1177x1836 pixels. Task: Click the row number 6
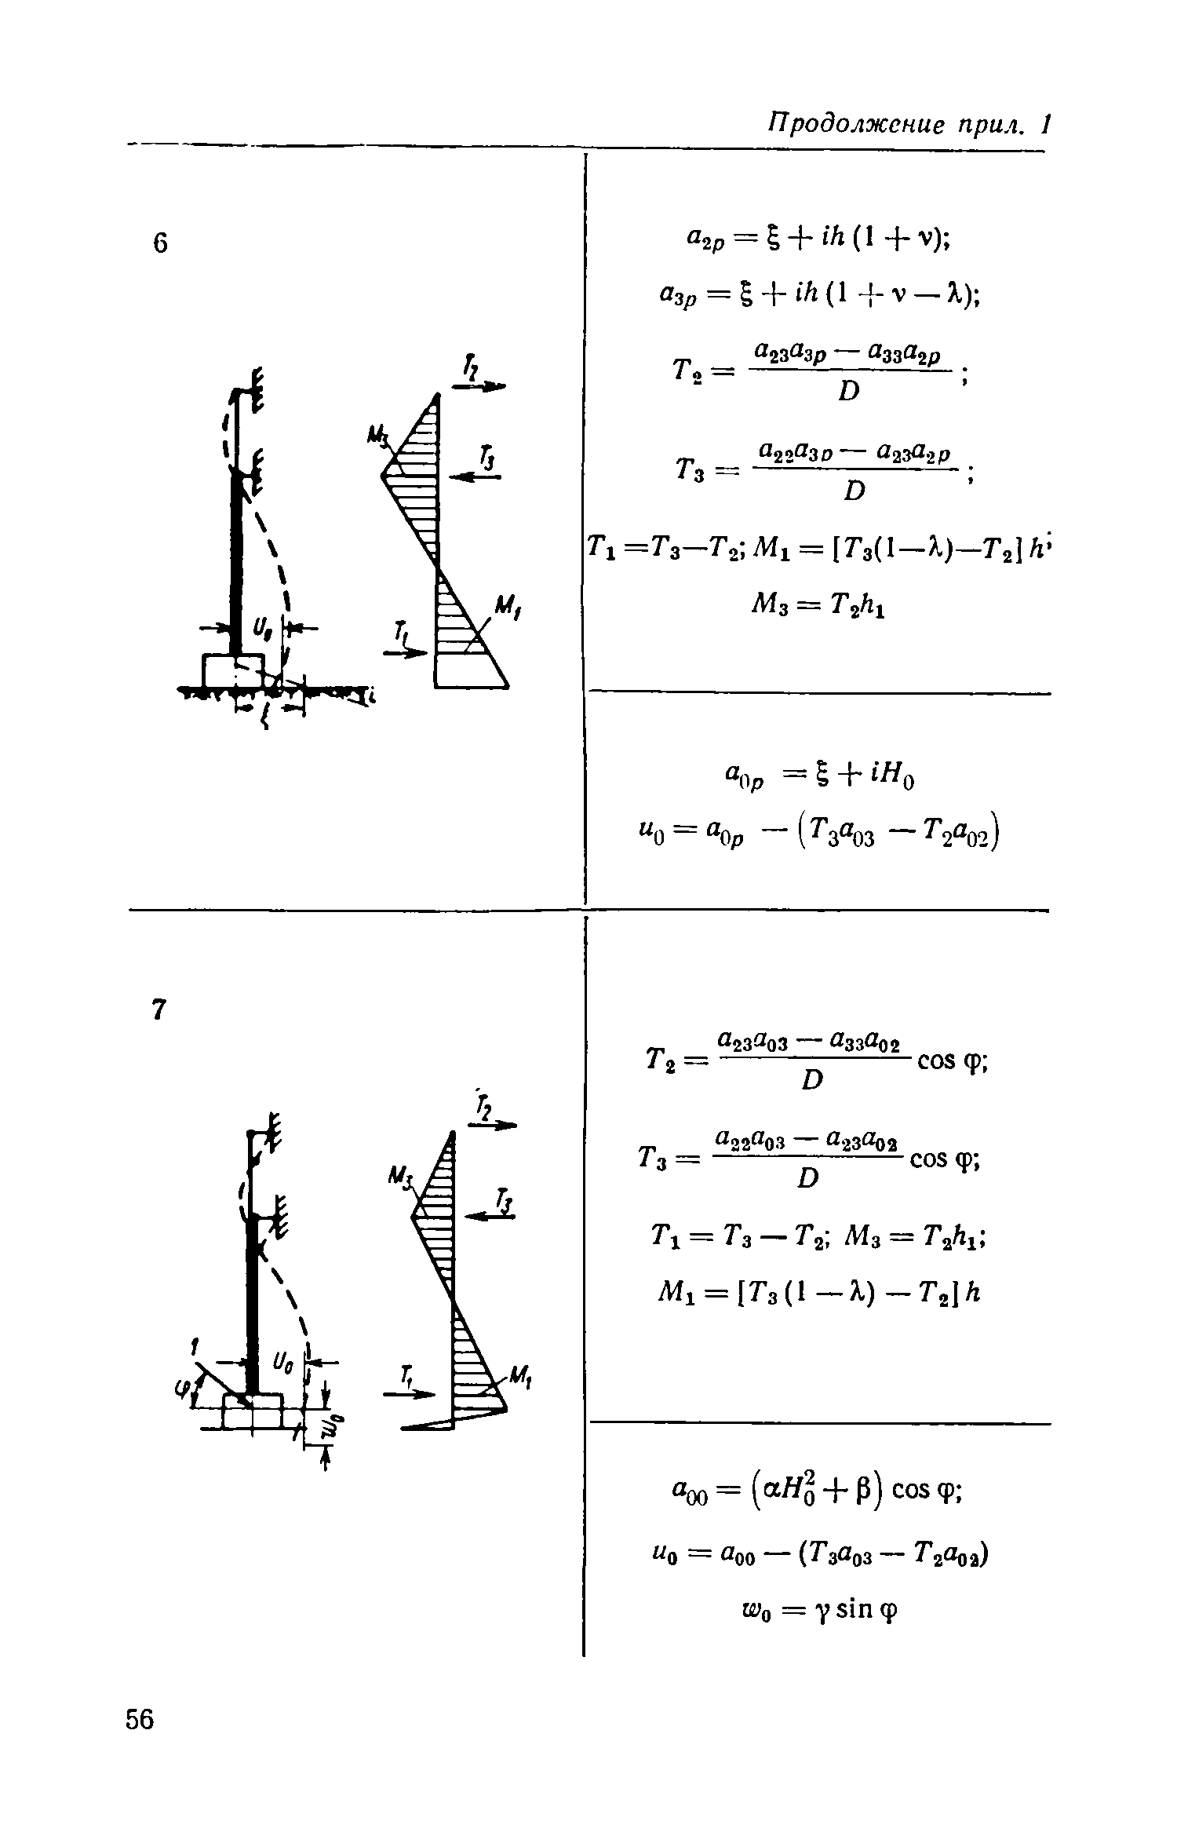160,243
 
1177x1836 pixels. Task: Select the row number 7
159,1009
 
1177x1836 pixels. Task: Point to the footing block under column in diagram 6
233,670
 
